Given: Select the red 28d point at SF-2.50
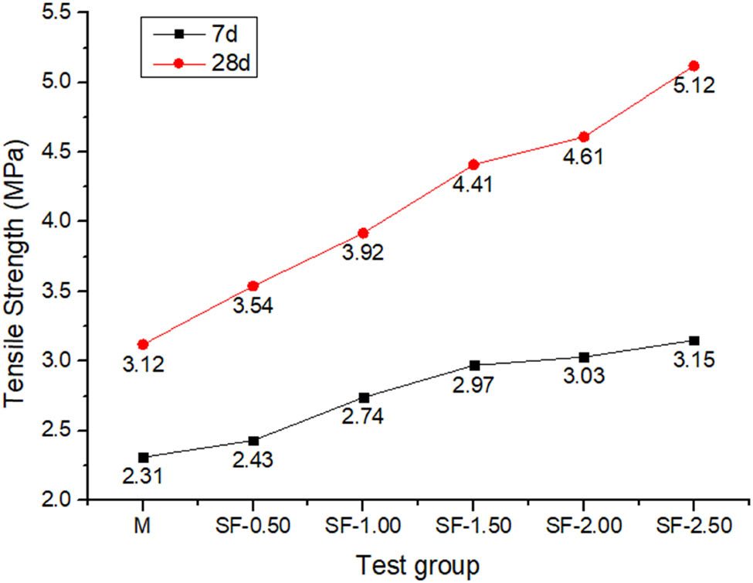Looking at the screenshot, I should [694, 66].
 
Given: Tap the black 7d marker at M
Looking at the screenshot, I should [143, 457].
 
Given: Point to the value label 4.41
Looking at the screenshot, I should [474, 186].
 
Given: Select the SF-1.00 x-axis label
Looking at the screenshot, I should [364, 528].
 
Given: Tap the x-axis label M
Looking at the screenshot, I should [143, 528].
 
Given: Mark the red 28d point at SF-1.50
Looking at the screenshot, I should [474, 165].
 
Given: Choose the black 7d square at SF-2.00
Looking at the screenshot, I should [584, 357].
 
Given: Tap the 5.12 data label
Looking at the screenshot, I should [694, 87].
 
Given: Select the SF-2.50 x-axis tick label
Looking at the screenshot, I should [694, 528].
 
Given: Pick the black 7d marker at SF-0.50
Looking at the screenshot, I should [253, 441].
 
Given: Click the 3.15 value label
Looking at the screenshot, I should [694, 361].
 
